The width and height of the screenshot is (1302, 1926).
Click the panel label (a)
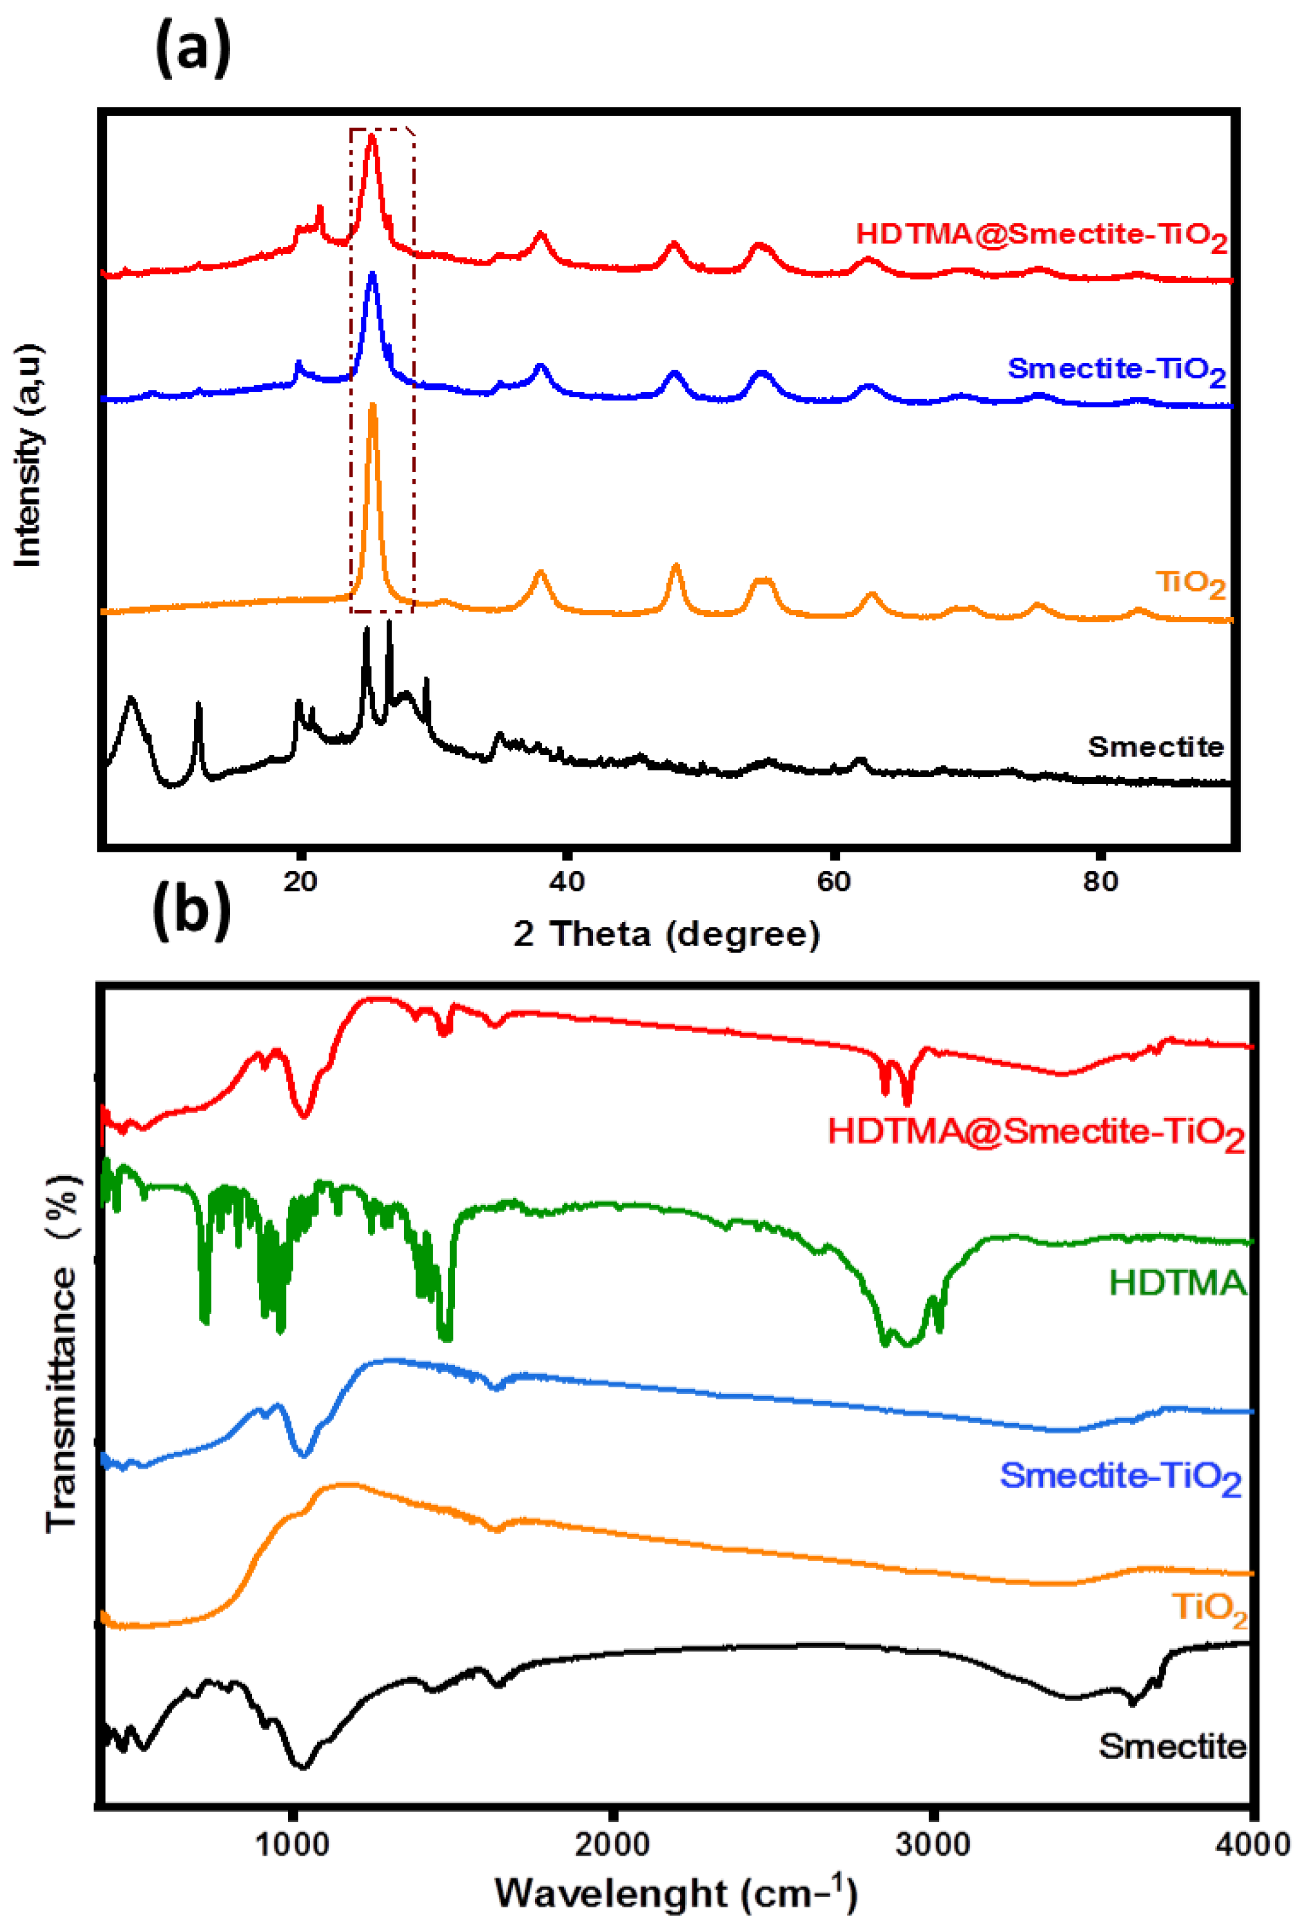click(192, 50)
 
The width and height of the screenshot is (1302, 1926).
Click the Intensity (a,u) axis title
click(28, 456)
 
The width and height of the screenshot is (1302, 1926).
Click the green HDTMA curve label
click(1177, 1283)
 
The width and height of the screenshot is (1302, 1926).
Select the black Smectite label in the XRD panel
click(1155, 747)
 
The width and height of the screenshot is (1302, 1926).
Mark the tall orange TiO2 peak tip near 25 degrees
click(372, 406)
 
